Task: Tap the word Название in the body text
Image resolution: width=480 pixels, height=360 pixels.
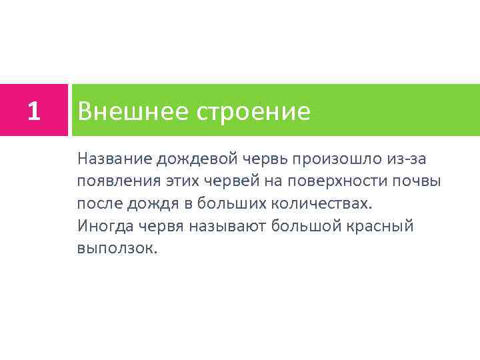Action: (114, 158)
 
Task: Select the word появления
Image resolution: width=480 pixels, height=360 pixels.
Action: (114, 181)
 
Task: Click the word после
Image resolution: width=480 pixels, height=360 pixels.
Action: (99, 203)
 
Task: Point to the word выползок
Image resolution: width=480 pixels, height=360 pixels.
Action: (116, 249)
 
